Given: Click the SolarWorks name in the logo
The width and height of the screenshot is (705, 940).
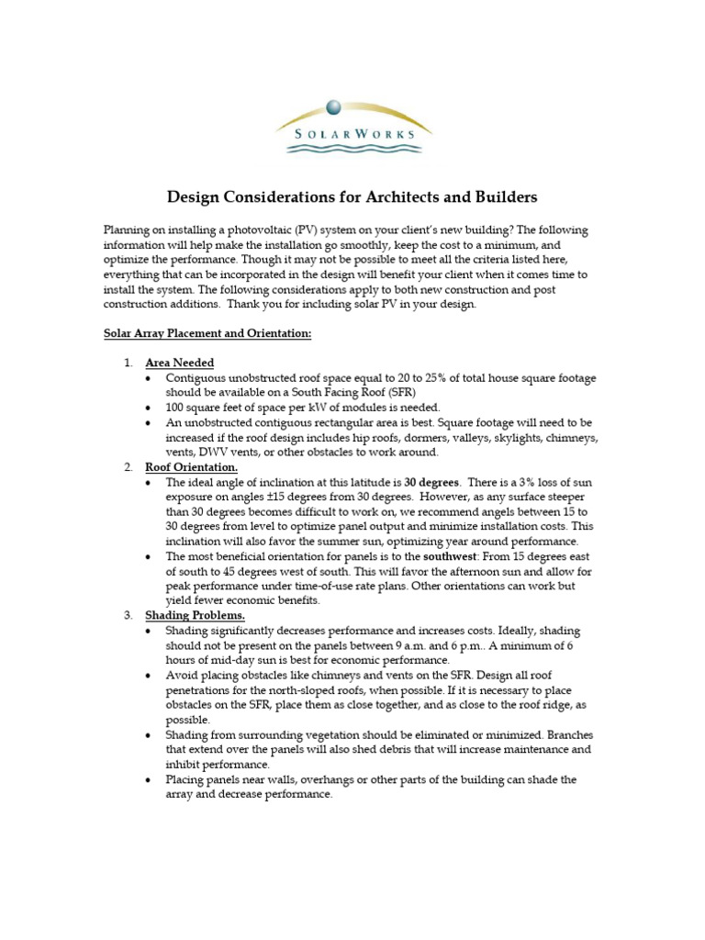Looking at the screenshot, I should tap(352, 133).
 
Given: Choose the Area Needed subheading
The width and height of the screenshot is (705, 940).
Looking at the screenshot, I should tap(180, 363).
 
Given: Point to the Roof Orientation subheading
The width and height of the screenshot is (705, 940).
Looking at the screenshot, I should tap(191, 467).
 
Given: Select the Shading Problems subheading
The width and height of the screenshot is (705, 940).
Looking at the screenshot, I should tap(195, 615).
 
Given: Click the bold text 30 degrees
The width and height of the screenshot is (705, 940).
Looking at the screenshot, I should tap(432, 482).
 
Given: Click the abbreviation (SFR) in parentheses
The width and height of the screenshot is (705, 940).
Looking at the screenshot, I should tap(369, 393).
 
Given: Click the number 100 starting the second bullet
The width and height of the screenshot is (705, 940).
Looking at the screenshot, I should tap(176, 408).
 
